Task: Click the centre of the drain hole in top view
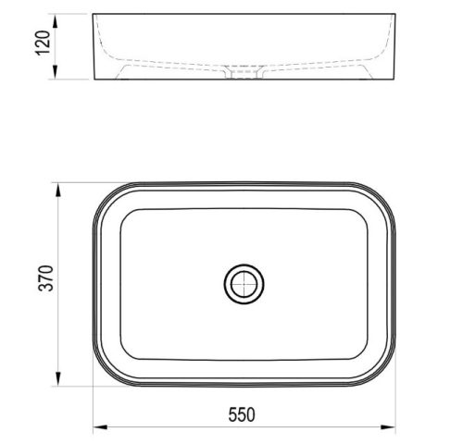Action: (x=245, y=284)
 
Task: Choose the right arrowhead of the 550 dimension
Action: (x=394, y=427)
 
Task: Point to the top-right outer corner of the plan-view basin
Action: (x=389, y=191)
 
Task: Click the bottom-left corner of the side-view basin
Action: (x=94, y=81)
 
